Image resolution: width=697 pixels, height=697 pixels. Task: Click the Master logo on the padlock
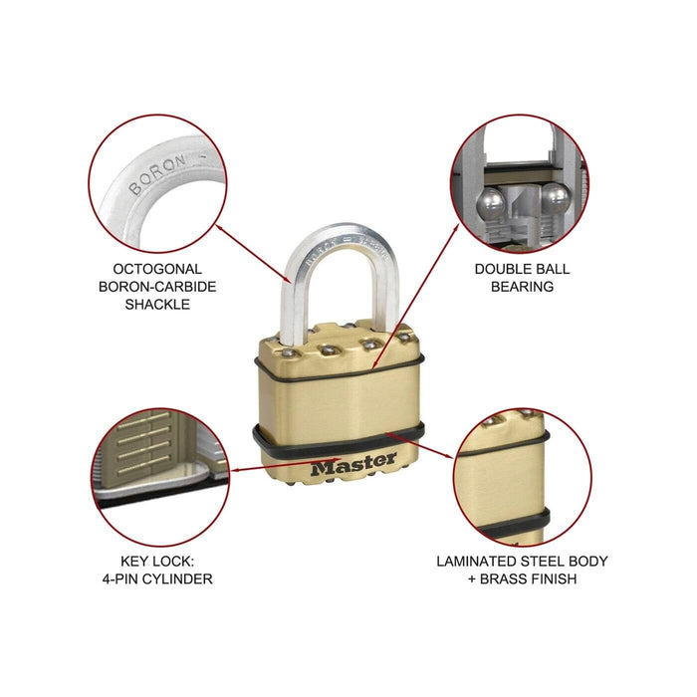(352, 465)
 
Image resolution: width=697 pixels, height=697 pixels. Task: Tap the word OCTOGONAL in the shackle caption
(158, 269)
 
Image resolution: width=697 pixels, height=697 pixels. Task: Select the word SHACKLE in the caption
(158, 305)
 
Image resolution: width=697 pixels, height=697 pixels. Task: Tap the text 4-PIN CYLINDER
(164, 579)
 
